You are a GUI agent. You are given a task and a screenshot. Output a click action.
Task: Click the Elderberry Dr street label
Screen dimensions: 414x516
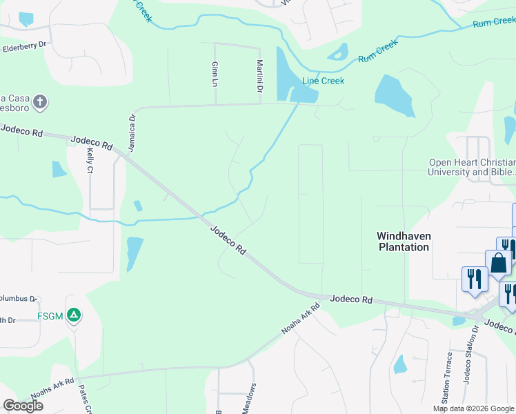click(24, 47)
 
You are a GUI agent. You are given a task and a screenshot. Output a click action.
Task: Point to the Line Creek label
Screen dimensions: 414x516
click(323, 81)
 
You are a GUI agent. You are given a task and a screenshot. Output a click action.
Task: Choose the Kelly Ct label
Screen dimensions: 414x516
click(90, 159)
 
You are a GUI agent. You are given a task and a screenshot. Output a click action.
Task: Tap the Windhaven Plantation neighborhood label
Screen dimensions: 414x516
click(403, 241)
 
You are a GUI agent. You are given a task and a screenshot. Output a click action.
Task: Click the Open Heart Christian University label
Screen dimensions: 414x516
click(472, 168)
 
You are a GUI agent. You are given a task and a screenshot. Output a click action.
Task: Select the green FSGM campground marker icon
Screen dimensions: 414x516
click(75, 316)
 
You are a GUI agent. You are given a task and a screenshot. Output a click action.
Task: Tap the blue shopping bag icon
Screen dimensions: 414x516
click(498, 264)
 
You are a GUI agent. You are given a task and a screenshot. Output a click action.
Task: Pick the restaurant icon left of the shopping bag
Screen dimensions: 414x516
click(474, 279)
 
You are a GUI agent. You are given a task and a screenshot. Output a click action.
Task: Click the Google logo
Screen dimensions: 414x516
click(23, 406)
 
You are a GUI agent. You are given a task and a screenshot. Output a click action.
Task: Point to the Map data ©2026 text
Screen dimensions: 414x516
click(474, 408)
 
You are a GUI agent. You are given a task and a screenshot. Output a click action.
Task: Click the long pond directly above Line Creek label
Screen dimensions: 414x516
click(283, 73)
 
